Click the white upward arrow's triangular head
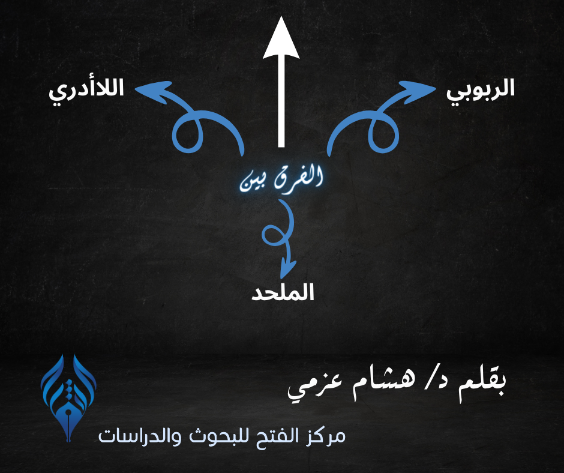[x=281, y=39]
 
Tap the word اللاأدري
[x=86, y=91]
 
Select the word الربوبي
[x=481, y=91]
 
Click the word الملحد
[x=283, y=292]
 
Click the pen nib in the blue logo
[x=68, y=422]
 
